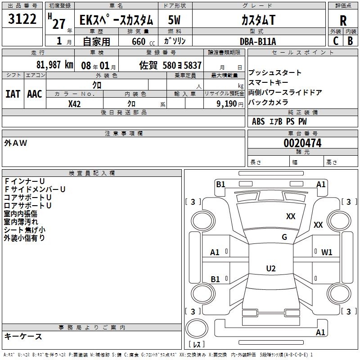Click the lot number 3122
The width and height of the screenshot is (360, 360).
tap(22, 19)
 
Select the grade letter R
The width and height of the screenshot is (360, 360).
tap(343, 21)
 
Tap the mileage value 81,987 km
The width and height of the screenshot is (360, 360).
tap(54, 64)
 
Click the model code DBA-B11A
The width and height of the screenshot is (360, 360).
tap(258, 41)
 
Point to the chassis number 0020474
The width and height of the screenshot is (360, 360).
tap(302, 143)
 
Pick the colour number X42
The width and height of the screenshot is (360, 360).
tap(75, 103)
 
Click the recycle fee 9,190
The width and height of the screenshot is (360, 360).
tap(227, 103)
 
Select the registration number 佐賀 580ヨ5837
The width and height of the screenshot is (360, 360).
tap(171, 65)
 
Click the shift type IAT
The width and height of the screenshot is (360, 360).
tap(13, 94)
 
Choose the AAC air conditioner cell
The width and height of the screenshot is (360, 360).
tap(35, 94)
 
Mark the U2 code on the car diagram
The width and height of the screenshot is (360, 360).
tap(270, 269)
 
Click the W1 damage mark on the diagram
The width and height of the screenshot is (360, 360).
tap(327, 252)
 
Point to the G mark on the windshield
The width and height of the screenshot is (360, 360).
tap(284, 237)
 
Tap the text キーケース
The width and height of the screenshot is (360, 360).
tap(23, 336)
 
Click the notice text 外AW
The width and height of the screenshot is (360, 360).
tap(16, 143)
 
